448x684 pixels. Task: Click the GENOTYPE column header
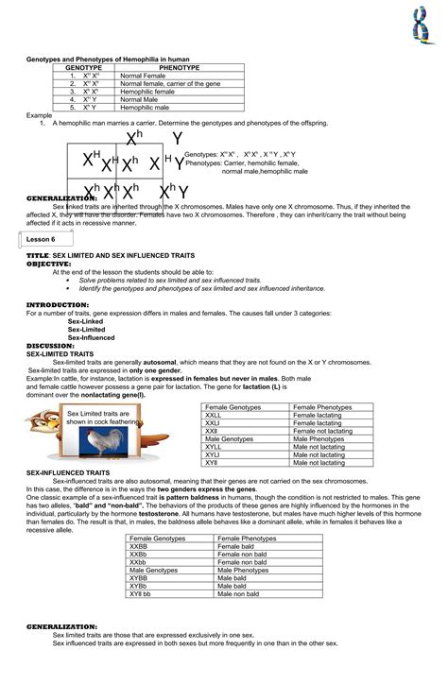83,68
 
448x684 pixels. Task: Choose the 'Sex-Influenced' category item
92,337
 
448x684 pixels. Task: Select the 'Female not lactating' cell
323,431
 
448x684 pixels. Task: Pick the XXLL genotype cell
214,415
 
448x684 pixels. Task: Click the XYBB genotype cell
139,577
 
